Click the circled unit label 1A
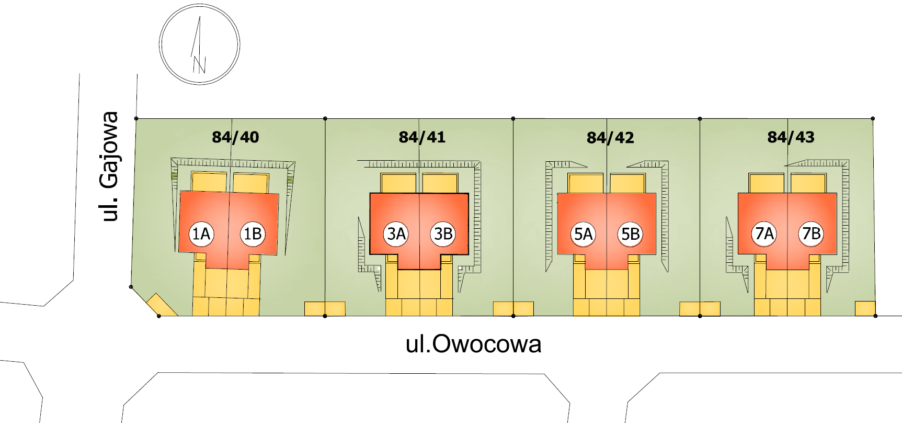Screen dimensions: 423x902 pos(201,233)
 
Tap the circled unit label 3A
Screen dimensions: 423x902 pos(396,233)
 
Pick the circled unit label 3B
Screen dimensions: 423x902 pos(443,233)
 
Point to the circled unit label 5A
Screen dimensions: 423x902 pos(584,233)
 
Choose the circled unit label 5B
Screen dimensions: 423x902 pos(631,233)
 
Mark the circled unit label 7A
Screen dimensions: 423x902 pos(764,233)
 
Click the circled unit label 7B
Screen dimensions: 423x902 pos(812,233)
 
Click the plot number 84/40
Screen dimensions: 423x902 pos(235,137)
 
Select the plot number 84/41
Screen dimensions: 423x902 pos(422,137)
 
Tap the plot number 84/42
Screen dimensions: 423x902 pos(610,138)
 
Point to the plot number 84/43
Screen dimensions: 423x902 pos(791,137)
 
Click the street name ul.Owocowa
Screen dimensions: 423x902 pos(473,344)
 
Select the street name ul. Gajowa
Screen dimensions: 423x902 pos(110,166)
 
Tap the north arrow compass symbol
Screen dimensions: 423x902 pos(200,45)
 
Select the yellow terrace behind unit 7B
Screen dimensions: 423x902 pos(808,184)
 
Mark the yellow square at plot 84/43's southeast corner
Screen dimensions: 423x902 pos(865,308)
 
